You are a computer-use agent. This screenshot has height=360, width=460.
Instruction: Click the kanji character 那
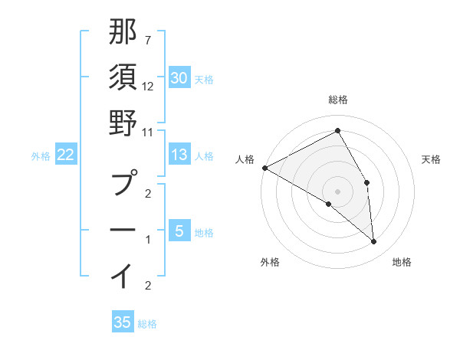point(123,34)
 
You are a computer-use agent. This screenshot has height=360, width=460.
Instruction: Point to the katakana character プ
point(123,184)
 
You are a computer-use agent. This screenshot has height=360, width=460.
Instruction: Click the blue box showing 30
point(179,77)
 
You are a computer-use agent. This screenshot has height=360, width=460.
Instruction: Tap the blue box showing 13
point(179,155)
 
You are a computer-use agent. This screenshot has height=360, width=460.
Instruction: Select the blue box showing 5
point(179,231)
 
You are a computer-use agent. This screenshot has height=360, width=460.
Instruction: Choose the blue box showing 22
point(65,155)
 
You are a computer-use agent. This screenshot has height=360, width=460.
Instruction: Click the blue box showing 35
point(123,322)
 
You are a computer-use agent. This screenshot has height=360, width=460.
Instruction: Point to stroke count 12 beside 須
point(148,87)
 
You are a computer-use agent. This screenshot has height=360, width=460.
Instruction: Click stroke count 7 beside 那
point(147,39)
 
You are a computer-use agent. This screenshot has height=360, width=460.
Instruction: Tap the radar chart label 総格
point(337,100)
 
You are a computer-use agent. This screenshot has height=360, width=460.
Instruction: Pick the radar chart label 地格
point(402,262)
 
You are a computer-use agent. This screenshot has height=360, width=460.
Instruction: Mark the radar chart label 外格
point(270,262)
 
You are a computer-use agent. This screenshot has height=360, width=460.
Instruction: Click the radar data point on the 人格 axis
point(264,168)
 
